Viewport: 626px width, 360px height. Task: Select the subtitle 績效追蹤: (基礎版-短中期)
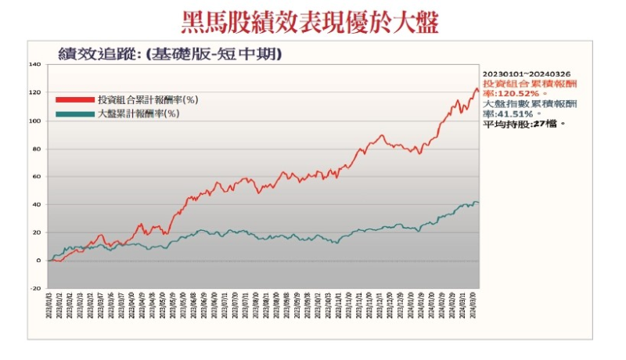click(170, 54)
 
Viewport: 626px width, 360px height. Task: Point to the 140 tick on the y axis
click(34, 65)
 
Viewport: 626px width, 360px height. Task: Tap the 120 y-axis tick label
click(34, 93)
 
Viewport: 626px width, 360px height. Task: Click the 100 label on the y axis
click(34, 121)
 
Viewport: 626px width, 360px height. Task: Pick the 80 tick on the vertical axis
click(36, 149)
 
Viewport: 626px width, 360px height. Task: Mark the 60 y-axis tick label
click(36, 177)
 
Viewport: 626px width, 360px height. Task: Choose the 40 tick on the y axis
click(36, 205)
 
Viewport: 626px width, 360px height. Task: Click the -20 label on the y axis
click(35, 289)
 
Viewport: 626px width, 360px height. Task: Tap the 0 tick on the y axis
click(38, 261)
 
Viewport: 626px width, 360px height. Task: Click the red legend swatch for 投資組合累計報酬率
click(74, 100)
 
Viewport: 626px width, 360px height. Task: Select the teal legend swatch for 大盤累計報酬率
click(74, 114)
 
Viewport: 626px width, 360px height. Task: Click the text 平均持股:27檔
click(523, 124)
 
